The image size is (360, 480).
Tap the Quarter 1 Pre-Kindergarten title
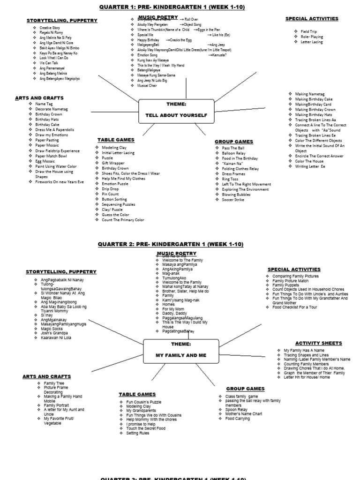tap(172, 7)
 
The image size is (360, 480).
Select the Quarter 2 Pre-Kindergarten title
tap(171, 244)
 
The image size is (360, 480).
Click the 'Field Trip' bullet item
tap(309, 31)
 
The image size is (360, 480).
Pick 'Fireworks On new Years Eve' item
tap(60, 182)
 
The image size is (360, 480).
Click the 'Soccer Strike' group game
tap(233, 200)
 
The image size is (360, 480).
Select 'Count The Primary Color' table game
tap(123, 219)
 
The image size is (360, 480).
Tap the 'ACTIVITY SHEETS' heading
tap(318, 343)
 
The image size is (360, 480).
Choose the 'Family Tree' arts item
tap(54, 383)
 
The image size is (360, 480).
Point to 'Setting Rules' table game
tap(138, 433)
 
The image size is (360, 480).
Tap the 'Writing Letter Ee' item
tap(310, 166)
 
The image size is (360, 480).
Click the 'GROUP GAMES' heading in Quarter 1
tap(234, 142)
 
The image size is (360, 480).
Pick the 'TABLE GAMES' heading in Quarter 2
tap(137, 394)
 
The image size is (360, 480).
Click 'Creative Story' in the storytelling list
tap(50, 28)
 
